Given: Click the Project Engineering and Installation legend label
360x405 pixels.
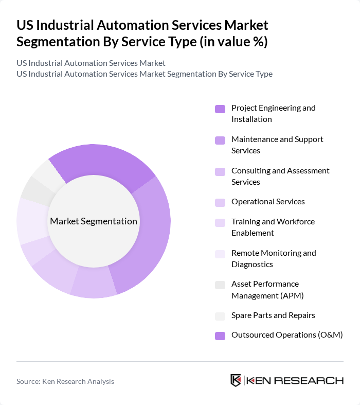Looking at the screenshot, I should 273,113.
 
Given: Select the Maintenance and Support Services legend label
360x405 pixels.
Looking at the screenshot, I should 277,145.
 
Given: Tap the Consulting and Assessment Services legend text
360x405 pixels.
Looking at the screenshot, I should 280,176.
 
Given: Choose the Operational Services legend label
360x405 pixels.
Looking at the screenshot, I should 268,201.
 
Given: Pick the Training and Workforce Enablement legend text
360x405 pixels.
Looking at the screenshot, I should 273,227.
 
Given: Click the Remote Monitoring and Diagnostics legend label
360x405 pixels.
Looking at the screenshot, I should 274,258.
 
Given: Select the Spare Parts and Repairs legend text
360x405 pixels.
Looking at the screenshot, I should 273,315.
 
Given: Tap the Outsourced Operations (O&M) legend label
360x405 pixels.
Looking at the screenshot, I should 287,334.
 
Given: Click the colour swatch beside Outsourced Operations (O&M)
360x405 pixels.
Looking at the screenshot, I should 220,336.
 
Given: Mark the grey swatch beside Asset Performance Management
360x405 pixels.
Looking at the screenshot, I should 220,285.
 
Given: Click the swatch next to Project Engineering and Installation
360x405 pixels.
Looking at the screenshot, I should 220,109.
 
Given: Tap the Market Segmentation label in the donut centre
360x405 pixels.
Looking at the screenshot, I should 94,221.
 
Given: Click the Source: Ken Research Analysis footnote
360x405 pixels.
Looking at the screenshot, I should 65,381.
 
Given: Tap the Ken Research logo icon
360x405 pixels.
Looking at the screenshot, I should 236,381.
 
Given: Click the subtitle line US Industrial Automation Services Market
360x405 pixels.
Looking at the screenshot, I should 91,63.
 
